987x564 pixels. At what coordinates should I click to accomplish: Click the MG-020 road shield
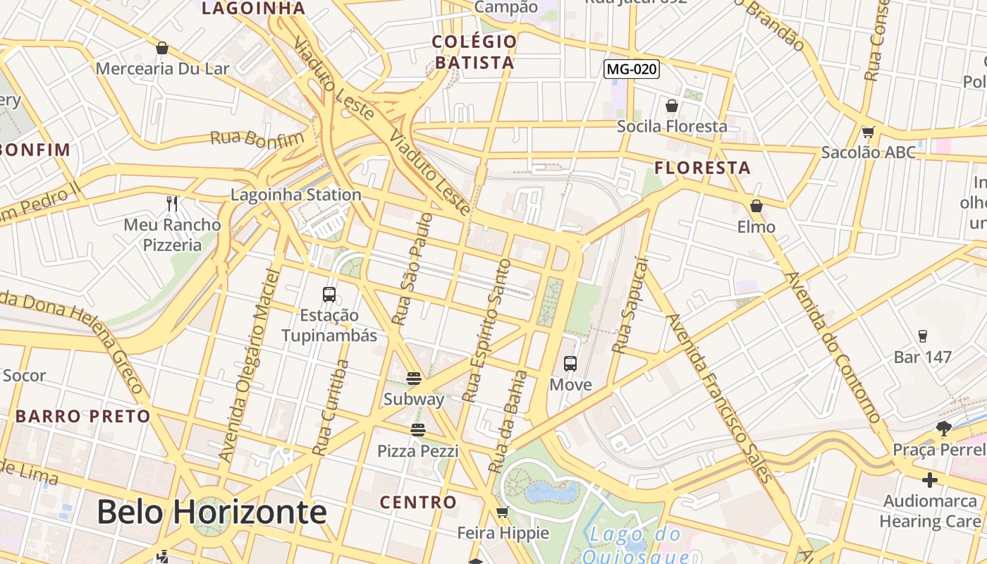(x=632, y=68)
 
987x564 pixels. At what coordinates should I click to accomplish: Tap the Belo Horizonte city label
(x=211, y=511)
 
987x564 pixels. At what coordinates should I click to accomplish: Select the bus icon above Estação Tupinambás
(x=329, y=294)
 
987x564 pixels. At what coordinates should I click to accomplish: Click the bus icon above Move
(x=570, y=364)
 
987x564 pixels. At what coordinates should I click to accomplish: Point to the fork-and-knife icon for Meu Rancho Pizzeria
(x=172, y=204)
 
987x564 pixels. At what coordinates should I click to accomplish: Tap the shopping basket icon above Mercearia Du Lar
(x=162, y=48)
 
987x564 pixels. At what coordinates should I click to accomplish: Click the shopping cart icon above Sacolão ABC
(x=869, y=132)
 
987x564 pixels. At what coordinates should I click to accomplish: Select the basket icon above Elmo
(x=756, y=206)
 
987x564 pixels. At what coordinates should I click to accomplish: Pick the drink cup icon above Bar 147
(x=922, y=336)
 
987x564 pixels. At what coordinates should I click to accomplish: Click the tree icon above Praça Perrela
(x=944, y=428)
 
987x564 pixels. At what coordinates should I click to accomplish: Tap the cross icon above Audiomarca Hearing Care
(x=930, y=480)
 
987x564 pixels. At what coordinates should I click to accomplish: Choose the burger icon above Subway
(x=414, y=379)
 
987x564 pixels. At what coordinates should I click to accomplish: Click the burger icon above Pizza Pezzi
(x=418, y=430)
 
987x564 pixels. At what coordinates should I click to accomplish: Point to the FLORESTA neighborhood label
(x=702, y=168)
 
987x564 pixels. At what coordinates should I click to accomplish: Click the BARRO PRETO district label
(x=83, y=416)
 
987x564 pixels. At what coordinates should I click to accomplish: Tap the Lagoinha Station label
(x=296, y=195)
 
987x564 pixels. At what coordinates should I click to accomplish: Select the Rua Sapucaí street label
(x=630, y=305)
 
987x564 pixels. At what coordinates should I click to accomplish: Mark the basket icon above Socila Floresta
(x=672, y=106)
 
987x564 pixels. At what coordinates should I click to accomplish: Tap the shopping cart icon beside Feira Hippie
(x=502, y=512)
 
